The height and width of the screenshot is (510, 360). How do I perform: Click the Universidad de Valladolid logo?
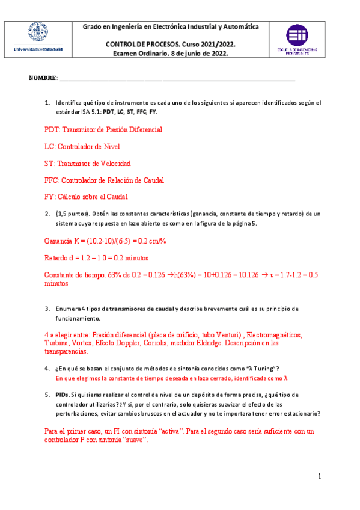[37, 38]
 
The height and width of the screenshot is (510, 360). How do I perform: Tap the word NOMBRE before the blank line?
[42, 79]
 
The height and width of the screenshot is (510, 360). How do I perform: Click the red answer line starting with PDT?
[103, 129]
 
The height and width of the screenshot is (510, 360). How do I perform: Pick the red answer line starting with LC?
[82, 146]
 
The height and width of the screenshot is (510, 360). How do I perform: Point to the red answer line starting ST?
[87, 163]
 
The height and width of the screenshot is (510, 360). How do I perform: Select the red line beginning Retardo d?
[93, 258]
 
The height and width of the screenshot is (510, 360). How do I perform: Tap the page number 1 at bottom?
[320, 476]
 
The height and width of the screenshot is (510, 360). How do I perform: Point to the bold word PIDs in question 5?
[62, 395]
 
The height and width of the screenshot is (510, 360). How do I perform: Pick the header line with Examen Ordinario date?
[171, 53]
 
